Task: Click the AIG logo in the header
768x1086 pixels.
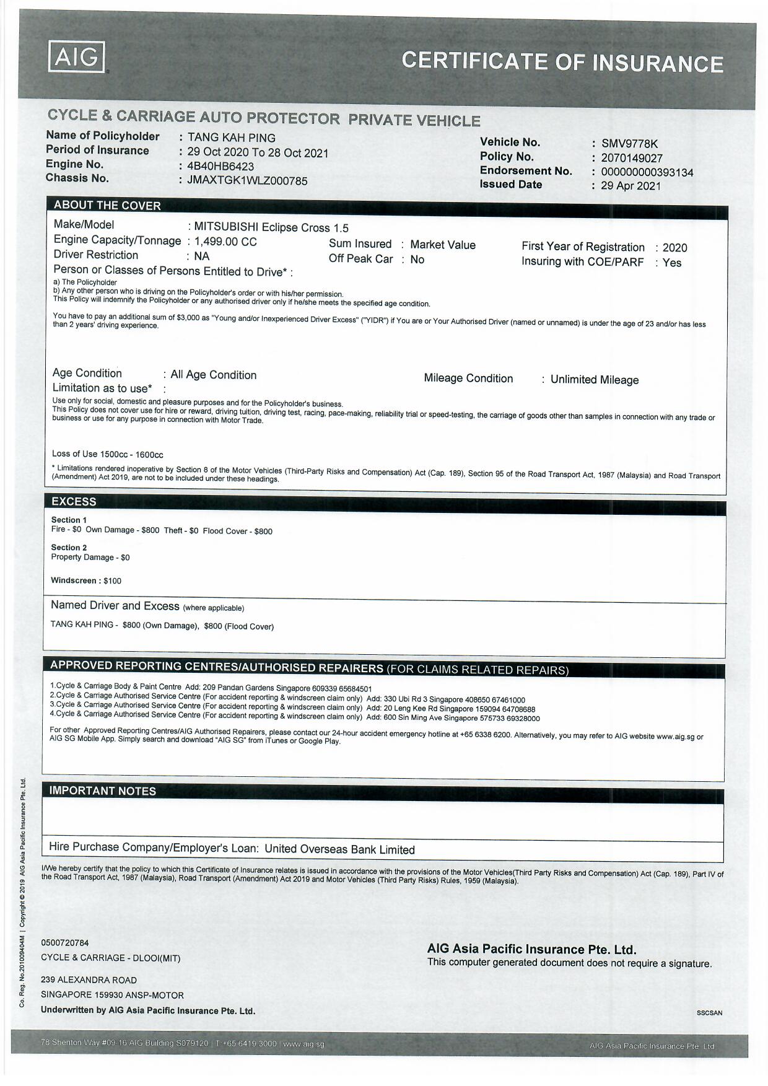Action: point(76,58)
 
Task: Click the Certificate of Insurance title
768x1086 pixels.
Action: point(562,62)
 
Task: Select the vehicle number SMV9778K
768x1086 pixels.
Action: point(629,144)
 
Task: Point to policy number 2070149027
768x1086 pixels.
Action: point(632,159)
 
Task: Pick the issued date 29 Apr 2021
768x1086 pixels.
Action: point(631,186)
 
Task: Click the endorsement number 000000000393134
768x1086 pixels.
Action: point(647,172)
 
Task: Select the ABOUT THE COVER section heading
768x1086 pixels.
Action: point(107,206)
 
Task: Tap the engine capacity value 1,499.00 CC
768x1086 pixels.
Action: point(225,242)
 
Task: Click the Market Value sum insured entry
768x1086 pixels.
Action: point(443,245)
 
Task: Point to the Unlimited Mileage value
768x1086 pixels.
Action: point(594,380)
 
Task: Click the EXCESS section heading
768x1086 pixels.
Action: point(74,502)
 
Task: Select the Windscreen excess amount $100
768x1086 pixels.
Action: point(112,581)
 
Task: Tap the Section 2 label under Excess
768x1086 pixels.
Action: point(69,548)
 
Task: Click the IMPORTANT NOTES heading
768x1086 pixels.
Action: point(103,791)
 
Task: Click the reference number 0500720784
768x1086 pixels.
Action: point(65,943)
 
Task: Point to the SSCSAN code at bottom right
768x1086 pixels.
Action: point(709,1013)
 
